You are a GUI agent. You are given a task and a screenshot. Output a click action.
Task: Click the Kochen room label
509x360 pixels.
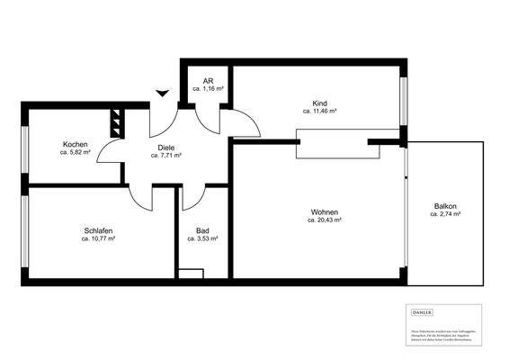pyautogui.click(x=75, y=145)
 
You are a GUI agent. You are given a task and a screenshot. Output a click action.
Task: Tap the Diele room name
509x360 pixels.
pyautogui.click(x=166, y=147)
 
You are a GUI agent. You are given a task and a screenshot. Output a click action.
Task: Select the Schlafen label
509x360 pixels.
pyautogui.click(x=98, y=230)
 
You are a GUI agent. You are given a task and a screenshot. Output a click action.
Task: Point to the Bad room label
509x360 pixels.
pyautogui.click(x=202, y=230)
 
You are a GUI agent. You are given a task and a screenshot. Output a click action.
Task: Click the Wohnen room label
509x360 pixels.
pyautogui.click(x=325, y=211)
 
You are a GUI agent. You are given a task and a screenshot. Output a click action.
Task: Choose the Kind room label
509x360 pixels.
pyautogui.click(x=319, y=103)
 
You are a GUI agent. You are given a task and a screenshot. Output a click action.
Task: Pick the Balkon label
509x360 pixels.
pyautogui.click(x=445, y=206)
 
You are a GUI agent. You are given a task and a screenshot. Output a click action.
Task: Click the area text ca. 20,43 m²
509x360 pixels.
pyautogui.click(x=325, y=220)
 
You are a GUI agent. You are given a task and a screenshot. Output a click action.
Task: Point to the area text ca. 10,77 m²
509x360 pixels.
pyautogui.click(x=98, y=238)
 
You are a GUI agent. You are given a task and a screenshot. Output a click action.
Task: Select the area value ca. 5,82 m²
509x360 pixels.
pyautogui.click(x=75, y=154)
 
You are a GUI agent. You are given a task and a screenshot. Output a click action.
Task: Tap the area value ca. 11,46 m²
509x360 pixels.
pyautogui.click(x=319, y=112)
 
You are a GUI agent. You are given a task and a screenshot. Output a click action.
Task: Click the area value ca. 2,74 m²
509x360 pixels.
pyautogui.click(x=445, y=214)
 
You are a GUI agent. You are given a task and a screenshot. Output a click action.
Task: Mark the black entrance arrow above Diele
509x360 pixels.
pyautogui.click(x=162, y=93)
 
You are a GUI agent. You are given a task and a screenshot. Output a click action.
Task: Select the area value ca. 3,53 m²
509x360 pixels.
pyautogui.click(x=202, y=238)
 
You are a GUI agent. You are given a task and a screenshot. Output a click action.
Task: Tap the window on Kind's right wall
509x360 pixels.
pyautogui.click(x=404, y=101)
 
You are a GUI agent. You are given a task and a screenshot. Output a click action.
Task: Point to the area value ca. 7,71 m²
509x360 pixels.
pyautogui.click(x=166, y=155)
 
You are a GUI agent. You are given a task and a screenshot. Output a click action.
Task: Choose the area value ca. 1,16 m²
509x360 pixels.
pyautogui.click(x=208, y=90)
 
